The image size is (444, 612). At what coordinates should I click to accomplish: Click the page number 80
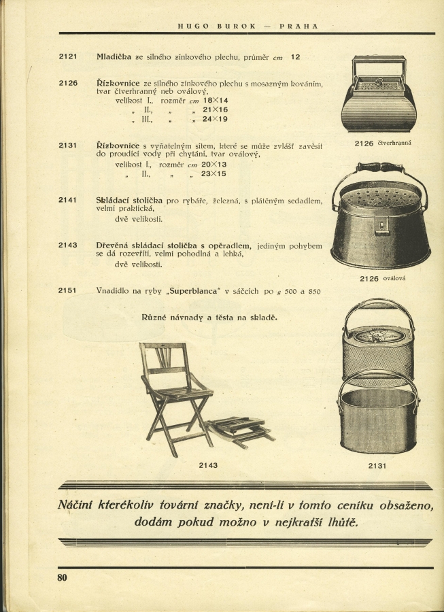tap(63, 579)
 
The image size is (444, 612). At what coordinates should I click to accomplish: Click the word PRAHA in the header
tap(298, 27)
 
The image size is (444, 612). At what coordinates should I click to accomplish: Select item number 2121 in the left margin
tap(68, 56)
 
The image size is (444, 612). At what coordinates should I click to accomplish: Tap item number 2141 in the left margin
tap(68, 200)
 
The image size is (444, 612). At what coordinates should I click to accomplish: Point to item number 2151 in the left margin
tap(68, 290)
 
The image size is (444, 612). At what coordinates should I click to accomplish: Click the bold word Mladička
tap(114, 56)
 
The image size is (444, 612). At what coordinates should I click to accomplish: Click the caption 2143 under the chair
tap(208, 466)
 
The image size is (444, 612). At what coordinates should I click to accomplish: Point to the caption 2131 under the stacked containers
tap(377, 466)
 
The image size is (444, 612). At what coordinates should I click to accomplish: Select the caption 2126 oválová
tap(383, 278)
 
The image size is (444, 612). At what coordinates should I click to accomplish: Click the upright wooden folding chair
tap(173, 394)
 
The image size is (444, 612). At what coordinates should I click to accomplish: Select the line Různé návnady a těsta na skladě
tap(209, 318)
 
